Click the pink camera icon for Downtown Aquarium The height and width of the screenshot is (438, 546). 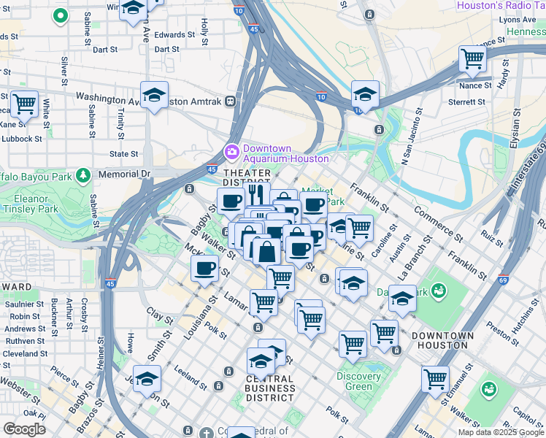tap(231, 151)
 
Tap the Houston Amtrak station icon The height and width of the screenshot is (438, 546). tap(231, 101)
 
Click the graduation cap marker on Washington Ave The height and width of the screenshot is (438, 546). tap(154, 95)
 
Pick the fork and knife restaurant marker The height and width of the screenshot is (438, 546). tap(255, 194)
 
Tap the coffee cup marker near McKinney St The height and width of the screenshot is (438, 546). tap(205, 267)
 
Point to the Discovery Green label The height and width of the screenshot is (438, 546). tap(358, 381)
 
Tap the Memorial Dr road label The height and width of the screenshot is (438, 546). tap(124, 174)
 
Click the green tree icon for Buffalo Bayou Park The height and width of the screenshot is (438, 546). tap(84, 174)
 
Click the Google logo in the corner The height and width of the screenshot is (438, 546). tap(24, 429)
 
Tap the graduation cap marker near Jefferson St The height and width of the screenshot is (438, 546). tap(147, 379)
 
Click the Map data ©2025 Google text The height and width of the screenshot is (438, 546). tap(500, 432)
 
